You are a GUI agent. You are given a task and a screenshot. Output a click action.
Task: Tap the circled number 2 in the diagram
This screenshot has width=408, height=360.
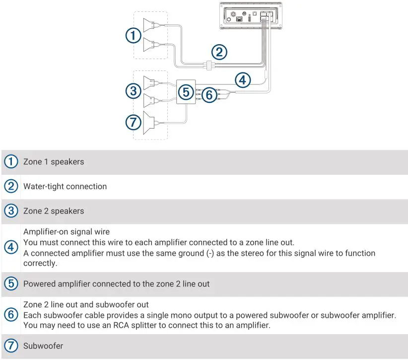[219, 52]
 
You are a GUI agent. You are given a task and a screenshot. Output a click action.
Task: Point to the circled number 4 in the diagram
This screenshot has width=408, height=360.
[242, 79]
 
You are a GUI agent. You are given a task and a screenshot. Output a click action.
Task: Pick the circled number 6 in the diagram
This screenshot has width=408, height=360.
[210, 94]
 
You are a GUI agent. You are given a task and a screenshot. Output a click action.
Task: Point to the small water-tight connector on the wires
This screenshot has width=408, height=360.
[209, 64]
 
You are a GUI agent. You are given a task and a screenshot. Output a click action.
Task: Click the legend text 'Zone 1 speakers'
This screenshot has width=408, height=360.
[54, 162]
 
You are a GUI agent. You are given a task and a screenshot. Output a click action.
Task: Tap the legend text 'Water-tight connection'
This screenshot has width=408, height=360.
[65, 187]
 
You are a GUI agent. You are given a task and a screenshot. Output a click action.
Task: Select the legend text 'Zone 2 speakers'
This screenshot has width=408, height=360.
[54, 211]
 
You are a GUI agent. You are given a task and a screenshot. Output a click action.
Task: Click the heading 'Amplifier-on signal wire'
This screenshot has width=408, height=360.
[67, 232]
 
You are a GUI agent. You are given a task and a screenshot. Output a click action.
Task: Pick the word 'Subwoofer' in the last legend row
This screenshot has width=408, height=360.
[43, 346]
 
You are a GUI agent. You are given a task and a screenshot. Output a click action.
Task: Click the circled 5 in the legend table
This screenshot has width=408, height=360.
[10, 284]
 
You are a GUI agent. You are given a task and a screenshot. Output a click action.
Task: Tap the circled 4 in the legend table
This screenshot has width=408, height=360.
[10, 247]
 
